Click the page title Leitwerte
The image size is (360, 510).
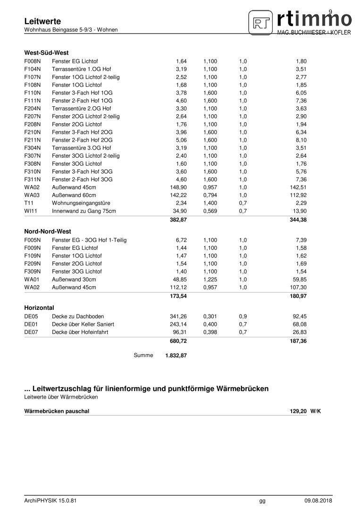click(42, 21)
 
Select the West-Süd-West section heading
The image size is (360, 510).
click(47, 52)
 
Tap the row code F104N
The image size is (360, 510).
click(33, 69)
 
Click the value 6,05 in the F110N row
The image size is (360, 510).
click(301, 93)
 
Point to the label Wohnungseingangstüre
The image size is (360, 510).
click(78, 203)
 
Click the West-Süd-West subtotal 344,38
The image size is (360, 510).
click(299, 220)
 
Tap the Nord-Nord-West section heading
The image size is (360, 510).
click(48, 232)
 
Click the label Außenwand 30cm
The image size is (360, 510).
click(74, 280)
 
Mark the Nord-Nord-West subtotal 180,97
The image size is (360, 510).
click(299, 297)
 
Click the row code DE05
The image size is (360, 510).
click(31, 316)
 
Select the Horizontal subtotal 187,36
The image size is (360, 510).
click(299, 341)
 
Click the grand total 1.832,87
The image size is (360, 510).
click(176, 356)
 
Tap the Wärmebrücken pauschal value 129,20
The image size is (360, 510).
click(298, 411)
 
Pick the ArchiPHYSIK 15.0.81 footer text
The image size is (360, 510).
click(50, 501)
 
